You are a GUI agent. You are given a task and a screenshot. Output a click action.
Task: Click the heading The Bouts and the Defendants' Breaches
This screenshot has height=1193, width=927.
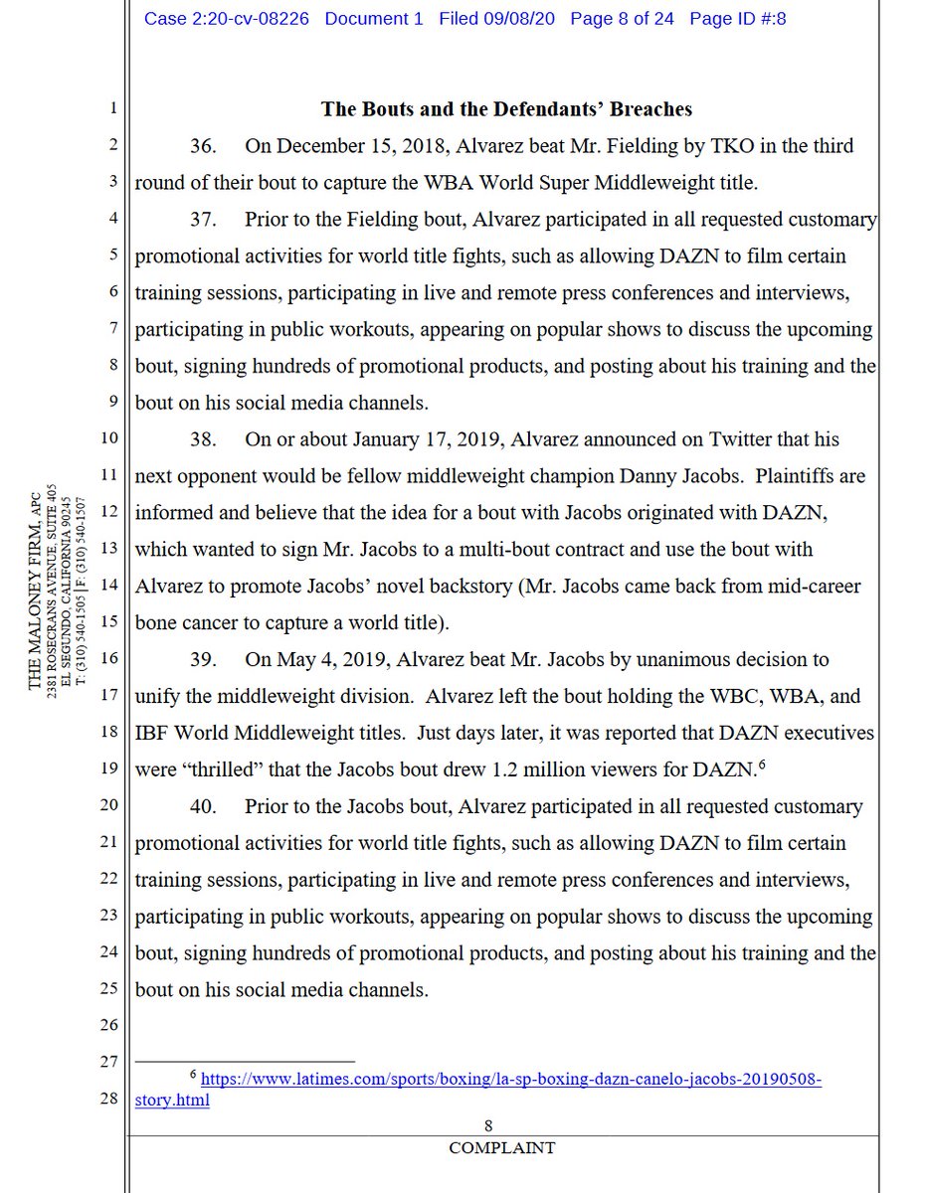(x=506, y=109)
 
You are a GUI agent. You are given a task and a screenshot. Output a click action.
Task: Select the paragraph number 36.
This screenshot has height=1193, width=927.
(x=204, y=146)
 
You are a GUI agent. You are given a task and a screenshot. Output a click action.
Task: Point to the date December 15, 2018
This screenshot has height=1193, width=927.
(x=359, y=146)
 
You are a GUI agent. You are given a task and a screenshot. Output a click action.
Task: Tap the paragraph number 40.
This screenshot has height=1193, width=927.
(x=204, y=806)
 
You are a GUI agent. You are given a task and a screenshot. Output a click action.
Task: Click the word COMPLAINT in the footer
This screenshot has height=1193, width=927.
(x=501, y=1147)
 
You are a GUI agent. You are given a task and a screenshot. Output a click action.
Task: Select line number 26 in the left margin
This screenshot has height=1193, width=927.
(x=110, y=1025)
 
